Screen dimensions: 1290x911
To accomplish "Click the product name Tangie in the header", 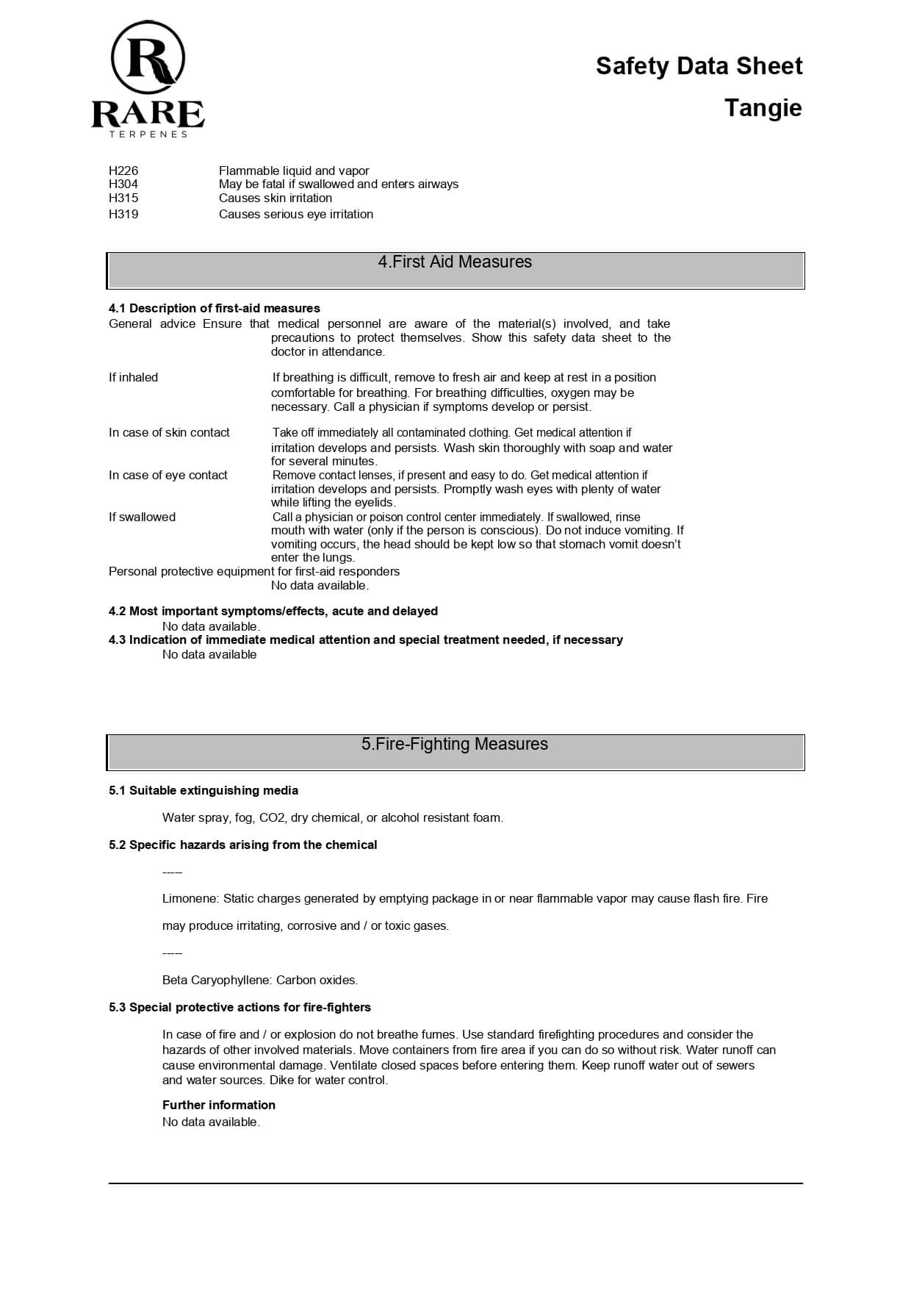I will click(763, 108).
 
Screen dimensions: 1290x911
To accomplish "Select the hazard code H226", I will click(123, 171).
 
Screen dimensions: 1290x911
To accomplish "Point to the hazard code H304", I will click(123, 184).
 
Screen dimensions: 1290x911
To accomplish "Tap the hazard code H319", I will click(123, 214).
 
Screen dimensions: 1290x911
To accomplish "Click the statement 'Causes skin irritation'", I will click(276, 198).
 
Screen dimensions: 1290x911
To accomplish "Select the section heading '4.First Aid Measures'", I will click(455, 262).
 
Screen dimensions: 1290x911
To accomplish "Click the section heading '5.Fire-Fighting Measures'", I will click(455, 744).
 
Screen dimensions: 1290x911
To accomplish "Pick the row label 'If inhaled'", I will click(133, 377).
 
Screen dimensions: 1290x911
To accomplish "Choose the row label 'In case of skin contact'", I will click(169, 432).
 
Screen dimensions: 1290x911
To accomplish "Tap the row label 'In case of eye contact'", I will click(168, 475).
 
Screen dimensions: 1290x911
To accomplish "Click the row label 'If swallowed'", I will click(142, 517).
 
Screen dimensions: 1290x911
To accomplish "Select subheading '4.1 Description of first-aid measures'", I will click(215, 308).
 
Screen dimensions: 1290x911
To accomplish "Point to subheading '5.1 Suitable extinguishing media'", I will click(204, 790).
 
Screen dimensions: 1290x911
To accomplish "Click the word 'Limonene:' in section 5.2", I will click(190, 898).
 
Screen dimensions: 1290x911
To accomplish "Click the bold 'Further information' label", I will click(219, 1105).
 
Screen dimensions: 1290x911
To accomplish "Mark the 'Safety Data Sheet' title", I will click(699, 66).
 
